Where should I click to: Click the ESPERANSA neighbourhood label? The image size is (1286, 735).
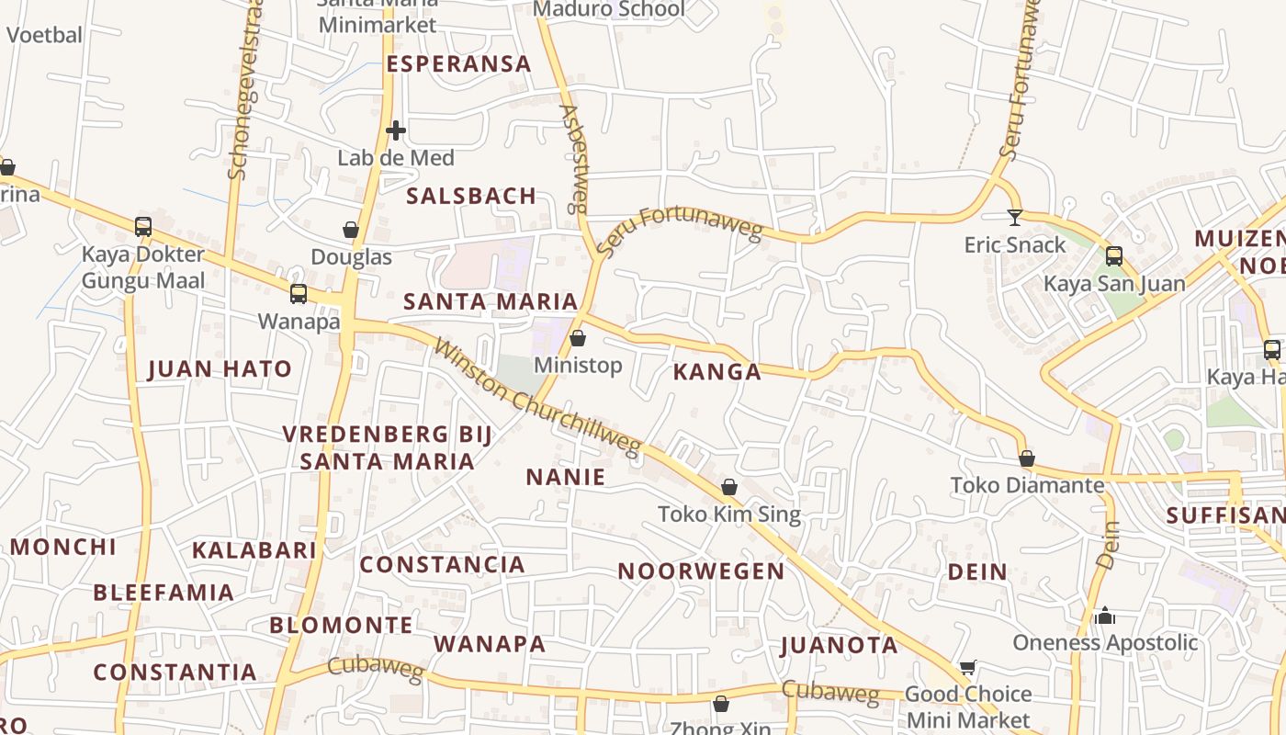458,64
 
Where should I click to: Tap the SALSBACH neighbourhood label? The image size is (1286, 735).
471,196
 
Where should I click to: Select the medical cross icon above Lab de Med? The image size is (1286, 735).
396,130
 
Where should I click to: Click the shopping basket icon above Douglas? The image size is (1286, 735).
351,229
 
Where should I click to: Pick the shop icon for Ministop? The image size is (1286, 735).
578,339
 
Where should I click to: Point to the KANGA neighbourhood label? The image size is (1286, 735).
716,372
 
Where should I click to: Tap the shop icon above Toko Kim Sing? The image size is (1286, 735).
729,487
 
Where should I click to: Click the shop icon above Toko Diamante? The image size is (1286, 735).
1027,458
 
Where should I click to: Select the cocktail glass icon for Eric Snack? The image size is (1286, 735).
1014,218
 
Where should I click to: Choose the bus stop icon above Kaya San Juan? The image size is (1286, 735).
1114,256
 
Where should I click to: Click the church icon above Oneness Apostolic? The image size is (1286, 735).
1105,616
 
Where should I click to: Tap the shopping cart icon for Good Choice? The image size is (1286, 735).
967,668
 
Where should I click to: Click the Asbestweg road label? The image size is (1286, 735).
574,158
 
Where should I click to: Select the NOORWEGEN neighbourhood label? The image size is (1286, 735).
701,571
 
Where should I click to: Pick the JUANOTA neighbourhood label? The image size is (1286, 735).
840,645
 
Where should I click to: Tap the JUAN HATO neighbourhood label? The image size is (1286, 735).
220,369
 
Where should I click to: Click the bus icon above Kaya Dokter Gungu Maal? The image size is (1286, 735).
143,227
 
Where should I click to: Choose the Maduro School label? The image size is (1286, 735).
609,10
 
